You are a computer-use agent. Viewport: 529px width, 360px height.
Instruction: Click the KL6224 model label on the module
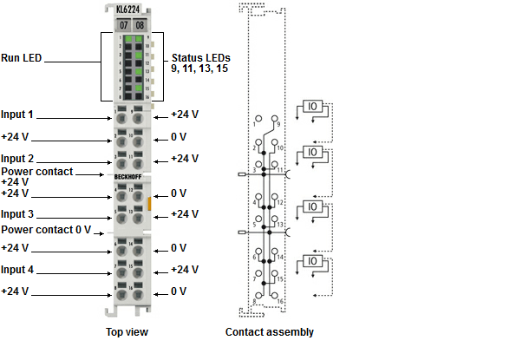[129, 10]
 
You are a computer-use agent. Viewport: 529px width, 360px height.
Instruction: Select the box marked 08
[140, 24]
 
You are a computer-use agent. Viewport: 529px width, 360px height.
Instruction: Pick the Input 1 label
[17, 115]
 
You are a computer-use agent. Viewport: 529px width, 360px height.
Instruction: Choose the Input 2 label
[17, 160]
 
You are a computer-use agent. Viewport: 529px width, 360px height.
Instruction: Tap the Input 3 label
[17, 214]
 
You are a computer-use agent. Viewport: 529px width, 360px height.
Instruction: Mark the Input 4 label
[17, 270]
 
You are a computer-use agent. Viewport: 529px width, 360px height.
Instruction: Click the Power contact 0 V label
[46, 230]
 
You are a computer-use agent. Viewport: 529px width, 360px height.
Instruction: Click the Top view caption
[127, 331]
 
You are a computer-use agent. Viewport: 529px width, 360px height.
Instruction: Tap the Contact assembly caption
[270, 331]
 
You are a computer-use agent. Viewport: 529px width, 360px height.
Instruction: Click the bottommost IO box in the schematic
[313, 261]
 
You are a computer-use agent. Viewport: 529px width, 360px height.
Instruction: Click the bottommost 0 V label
[179, 291]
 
